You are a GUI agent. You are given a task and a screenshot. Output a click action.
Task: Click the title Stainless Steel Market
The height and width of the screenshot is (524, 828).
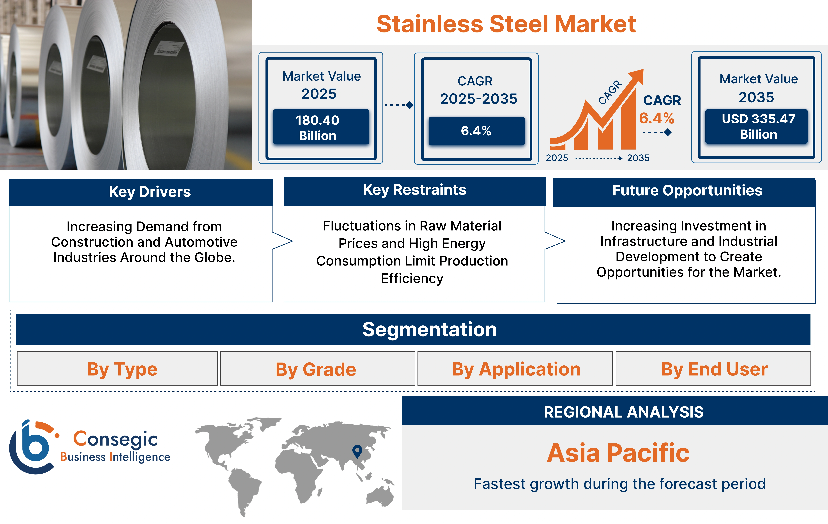pos(506,24)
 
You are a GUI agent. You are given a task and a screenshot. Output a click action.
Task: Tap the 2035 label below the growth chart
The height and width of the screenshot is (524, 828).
pos(638,158)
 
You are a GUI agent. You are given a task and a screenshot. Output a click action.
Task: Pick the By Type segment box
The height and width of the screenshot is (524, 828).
pos(122,369)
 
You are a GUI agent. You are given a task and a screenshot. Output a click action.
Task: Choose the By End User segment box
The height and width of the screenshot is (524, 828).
pos(714,369)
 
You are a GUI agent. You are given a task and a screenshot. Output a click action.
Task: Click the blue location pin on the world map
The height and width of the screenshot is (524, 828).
pos(357,450)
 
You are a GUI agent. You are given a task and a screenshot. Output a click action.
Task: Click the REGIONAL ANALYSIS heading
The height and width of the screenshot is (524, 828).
pos(623,412)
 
